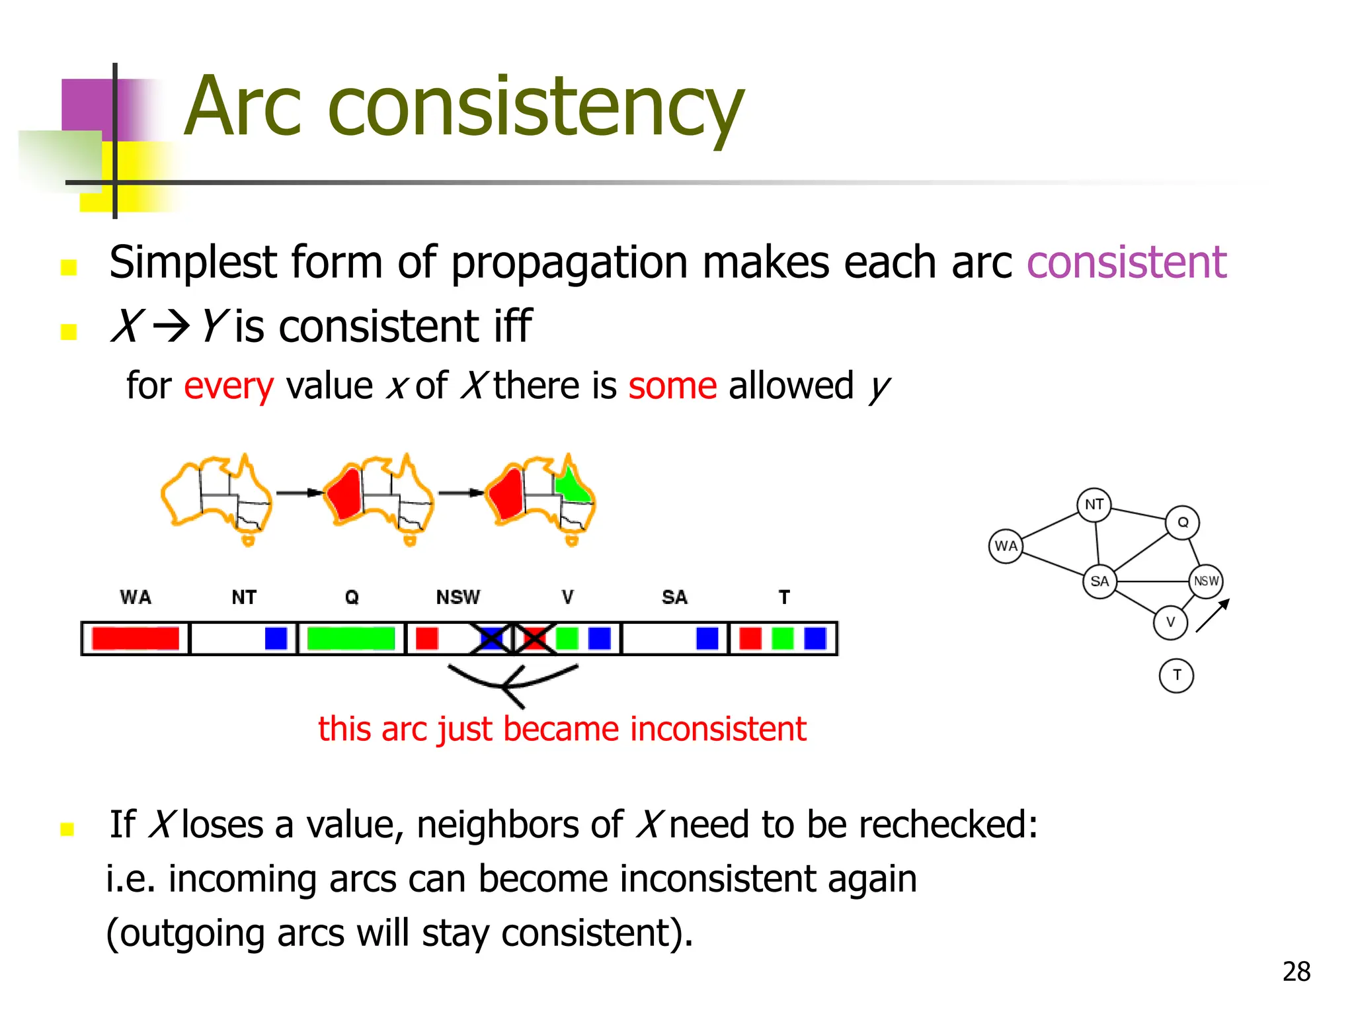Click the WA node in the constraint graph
point(1006,546)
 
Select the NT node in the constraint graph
point(1094,505)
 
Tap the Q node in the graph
point(1182,523)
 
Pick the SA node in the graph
point(1099,581)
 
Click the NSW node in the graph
point(1206,581)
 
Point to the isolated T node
point(1176,675)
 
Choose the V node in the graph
point(1170,622)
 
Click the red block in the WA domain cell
point(136,638)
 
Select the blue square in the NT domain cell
point(276,638)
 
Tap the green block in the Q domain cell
point(351,638)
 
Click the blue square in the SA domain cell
point(707,638)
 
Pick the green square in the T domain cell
point(783,638)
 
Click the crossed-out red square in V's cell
point(534,638)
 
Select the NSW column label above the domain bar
point(458,597)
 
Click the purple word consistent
point(1127,263)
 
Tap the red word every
point(228,386)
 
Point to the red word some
point(672,386)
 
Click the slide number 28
point(1296,972)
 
